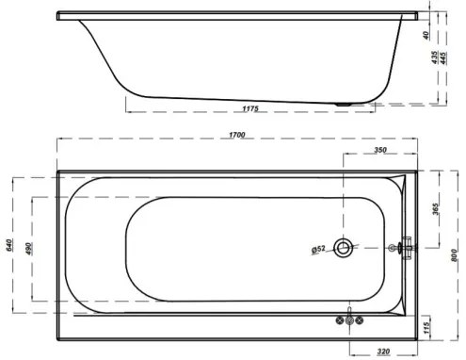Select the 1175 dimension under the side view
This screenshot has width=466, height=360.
coord(249,110)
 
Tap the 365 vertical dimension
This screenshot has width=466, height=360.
coord(437,208)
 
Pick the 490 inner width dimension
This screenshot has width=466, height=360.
coord(29,248)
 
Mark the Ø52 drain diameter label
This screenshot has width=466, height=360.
coord(318,249)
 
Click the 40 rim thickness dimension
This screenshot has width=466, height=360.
coord(426,35)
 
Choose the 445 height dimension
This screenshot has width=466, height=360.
coord(443,58)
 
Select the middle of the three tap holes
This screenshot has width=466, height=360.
coord(353,321)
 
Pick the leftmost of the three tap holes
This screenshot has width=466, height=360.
coord(342,321)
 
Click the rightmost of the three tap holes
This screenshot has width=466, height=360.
coord(364,321)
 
